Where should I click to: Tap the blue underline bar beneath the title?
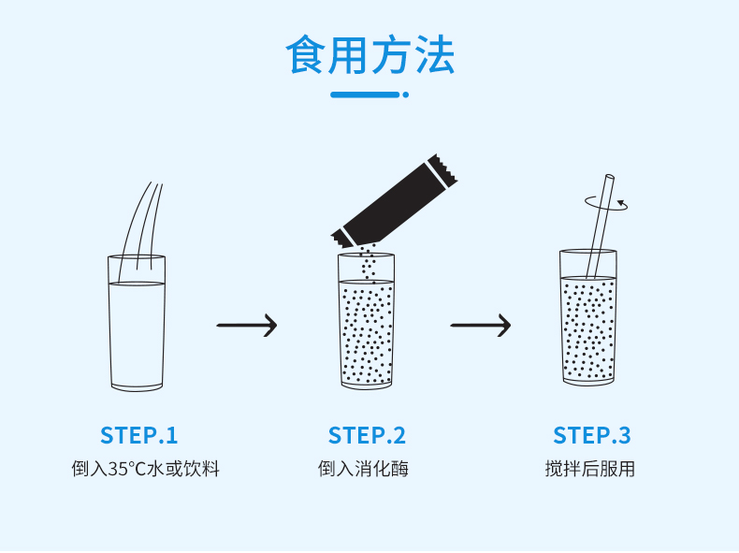[365, 95]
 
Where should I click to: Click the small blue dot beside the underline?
[406, 95]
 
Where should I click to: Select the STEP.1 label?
[138, 435]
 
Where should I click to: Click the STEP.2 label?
[367, 435]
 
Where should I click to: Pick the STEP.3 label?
[592, 435]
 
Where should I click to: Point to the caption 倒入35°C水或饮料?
[146, 469]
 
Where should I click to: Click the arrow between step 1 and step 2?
[247, 326]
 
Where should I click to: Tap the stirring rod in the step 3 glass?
[600, 225]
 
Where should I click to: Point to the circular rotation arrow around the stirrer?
[606, 202]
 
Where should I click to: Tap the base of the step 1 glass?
[137, 385]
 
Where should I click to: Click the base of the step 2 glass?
[366, 382]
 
